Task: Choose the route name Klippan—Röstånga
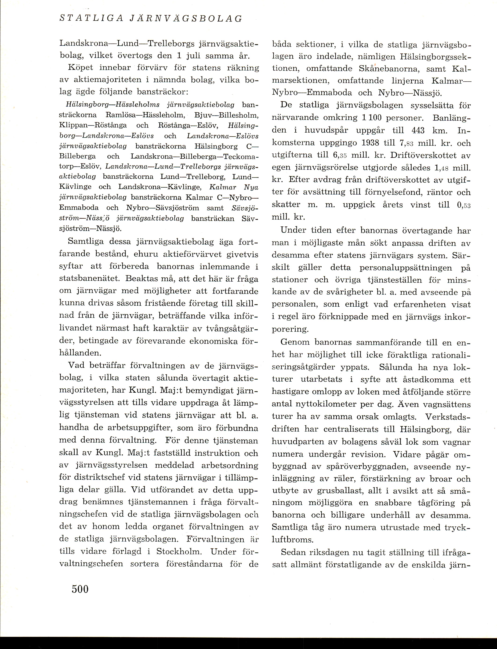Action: pos(93,125)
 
